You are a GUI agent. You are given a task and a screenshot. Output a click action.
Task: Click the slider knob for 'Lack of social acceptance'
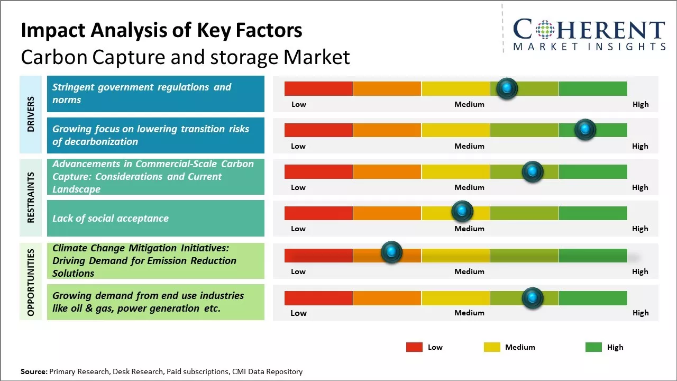(462, 212)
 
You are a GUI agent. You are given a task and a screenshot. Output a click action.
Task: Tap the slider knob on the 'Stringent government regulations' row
(507, 88)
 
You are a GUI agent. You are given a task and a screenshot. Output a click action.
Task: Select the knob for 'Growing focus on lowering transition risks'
(585, 130)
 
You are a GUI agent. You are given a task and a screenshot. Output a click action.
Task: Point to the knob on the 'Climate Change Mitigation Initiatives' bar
(391, 252)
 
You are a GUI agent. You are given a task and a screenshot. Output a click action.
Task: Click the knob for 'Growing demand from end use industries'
(533, 298)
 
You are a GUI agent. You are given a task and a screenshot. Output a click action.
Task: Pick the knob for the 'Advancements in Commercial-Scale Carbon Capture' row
(533, 171)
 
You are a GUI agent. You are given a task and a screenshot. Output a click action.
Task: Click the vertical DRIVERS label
(31, 114)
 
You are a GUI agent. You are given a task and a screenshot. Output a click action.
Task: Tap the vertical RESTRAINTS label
(31, 197)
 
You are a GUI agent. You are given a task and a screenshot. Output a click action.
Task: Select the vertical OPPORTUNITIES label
(31, 282)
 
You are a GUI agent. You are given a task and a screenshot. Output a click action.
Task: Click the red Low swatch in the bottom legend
(414, 347)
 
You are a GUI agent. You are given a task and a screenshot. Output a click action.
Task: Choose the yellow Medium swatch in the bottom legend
(492, 347)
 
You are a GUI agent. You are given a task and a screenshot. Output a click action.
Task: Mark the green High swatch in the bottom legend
(593, 347)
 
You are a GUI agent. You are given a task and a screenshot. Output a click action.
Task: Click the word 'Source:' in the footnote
(34, 371)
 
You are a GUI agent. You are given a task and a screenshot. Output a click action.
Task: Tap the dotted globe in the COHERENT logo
(544, 30)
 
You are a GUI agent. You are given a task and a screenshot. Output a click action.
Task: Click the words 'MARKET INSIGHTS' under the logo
(589, 47)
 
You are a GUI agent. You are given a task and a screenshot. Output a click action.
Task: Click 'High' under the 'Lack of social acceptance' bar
(640, 229)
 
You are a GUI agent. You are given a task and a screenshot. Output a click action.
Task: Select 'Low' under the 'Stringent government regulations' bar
(299, 104)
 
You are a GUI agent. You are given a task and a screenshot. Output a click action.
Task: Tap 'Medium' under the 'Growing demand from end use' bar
(469, 313)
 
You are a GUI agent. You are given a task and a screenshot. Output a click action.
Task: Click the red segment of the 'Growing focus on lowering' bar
(318, 130)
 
